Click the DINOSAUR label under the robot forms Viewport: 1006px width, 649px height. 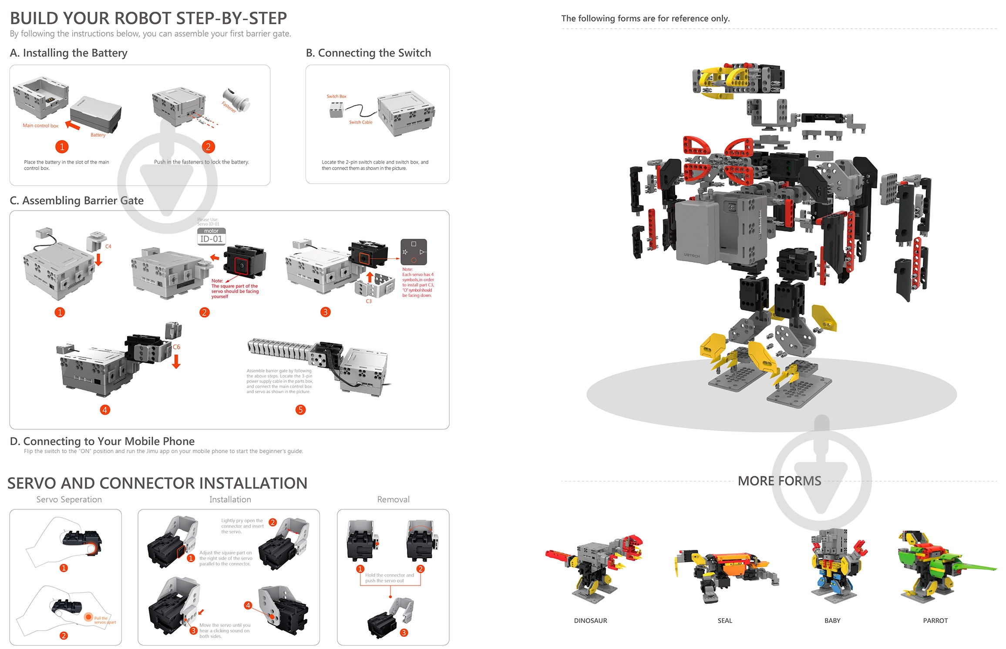(x=590, y=621)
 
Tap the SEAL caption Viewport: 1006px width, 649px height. (x=725, y=621)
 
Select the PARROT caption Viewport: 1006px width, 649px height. (x=935, y=621)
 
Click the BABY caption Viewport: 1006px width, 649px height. (x=832, y=621)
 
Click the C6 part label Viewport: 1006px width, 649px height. (x=176, y=347)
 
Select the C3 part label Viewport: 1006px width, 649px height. (x=369, y=301)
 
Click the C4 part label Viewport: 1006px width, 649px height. (x=108, y=247)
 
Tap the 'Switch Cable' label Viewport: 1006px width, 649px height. (x=360, y=122)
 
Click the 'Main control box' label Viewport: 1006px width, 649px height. (x=40, y=126)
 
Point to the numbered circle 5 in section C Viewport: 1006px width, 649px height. (x=300, y=410)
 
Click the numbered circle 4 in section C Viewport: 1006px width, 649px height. (x=105, y=410)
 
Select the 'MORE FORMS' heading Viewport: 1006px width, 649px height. (x=779, y=481)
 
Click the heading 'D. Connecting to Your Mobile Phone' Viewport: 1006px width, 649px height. (x=102, y=441)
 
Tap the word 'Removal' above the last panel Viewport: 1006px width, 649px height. (x=393, y=499)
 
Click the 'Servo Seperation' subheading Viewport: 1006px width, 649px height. (x=69, y=499)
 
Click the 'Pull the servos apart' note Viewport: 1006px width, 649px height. (x=104, y=620)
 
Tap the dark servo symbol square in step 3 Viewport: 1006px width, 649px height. (x=414, y=252)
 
